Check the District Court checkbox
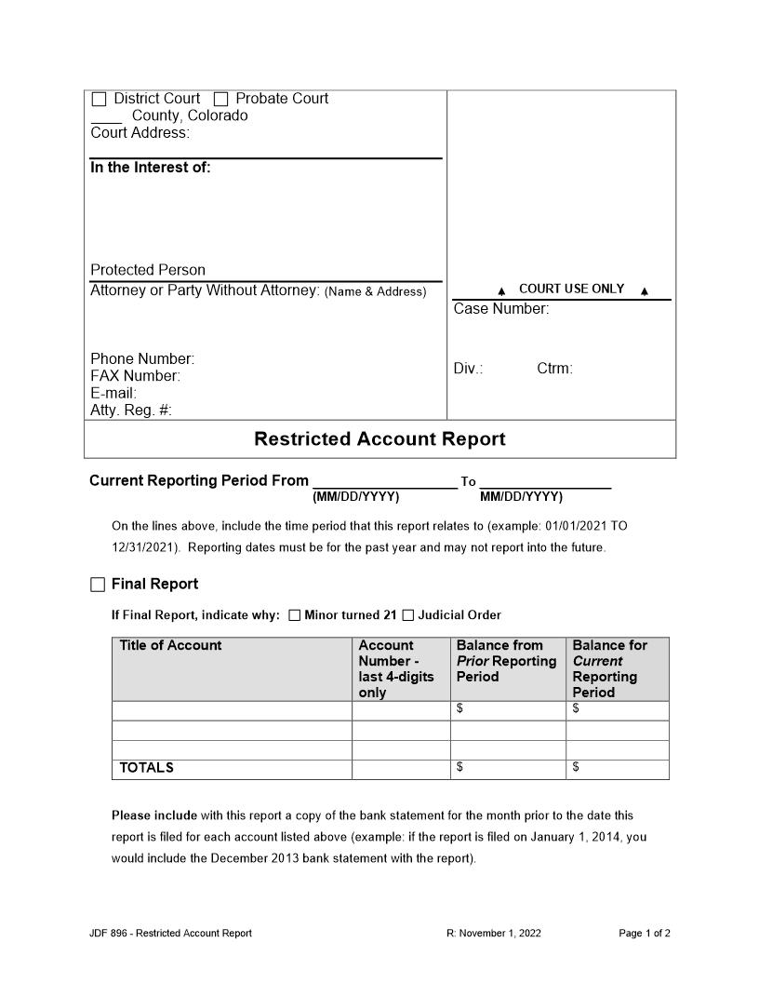tap(99, 99)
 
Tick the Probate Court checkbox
tap(221, 99)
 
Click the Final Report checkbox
tap(98, 585)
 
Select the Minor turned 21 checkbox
tap(295, 615)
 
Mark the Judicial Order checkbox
tap(408, 615)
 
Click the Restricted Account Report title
tap(379, 439)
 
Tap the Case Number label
tap(500, 309)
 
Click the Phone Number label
tap(142, 359)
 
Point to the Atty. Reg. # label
tap(131, 411)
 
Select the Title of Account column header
tap(170, 646)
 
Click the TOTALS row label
tap(146, 769)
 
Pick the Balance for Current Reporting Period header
tap(610, 668)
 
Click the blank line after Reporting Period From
tap(384, 482)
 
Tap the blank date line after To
tap(545, 482)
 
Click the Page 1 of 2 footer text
tap(645, 934)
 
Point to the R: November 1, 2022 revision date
tap(494, 934)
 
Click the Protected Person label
tap(148, 270)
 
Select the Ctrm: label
tap(554, 369)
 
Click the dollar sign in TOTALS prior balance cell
tap(459, 767)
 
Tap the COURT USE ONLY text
tap(571, 290)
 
